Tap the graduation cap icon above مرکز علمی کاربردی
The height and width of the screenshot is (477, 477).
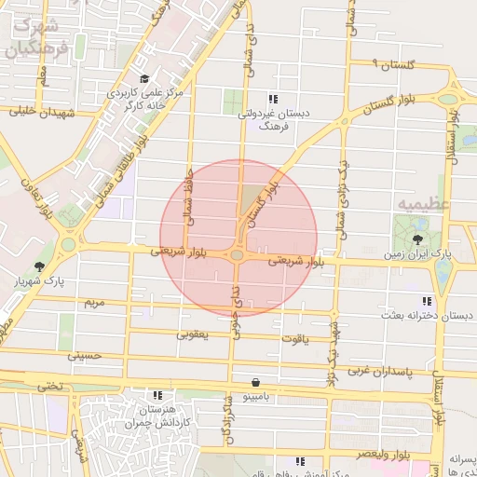[143, 79]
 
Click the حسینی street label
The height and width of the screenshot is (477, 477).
[83, 355]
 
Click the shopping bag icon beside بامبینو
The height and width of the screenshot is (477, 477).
[255, 381]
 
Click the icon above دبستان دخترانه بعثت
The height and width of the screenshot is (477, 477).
[427, 301]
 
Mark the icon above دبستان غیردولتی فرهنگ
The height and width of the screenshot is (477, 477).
[272, 98]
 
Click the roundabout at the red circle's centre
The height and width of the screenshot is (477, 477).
[238, 254]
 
